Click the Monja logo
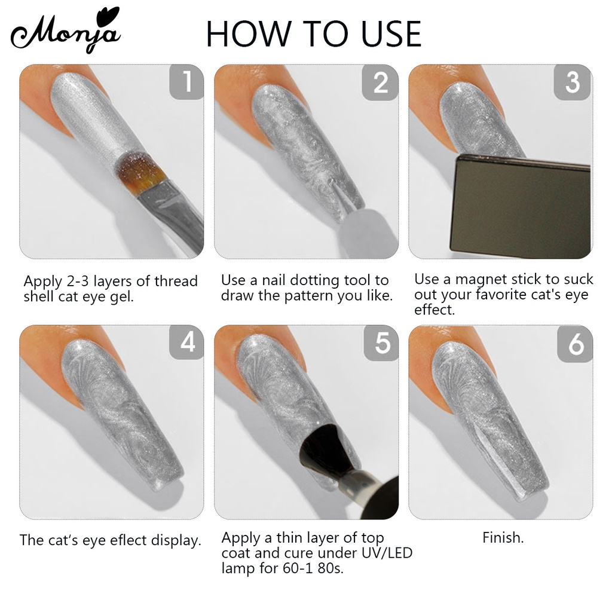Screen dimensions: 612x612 (x=66, y=31)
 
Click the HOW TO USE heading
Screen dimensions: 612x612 (x=314, y=34)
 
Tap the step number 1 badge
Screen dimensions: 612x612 (x=186, y=82)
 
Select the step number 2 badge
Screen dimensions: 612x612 (x=380, y=82)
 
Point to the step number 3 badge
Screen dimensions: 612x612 (x=572, y=82)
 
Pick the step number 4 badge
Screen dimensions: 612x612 (x=186, y=342)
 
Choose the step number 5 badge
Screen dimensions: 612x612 (x=381, y=342)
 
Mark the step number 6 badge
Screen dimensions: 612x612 (x=575, y=344)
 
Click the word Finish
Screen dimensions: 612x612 (x=503, y=538)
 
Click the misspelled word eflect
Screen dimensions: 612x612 (x=128, y=540)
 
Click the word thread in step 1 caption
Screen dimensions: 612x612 (x=176, y=281)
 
